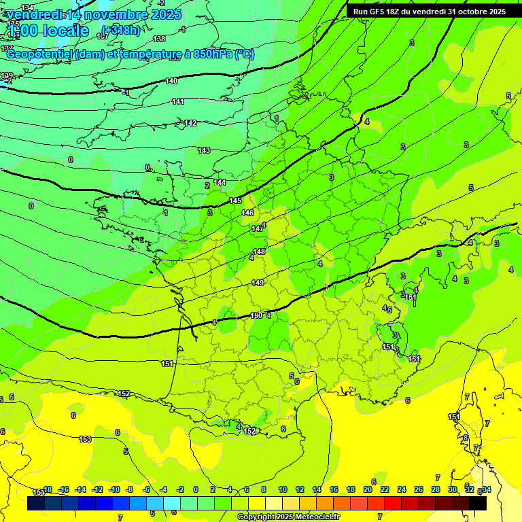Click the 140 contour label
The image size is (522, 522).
tap(171, 81)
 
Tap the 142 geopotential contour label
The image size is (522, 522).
tap(190, 123)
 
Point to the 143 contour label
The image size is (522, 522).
tap(204, 150)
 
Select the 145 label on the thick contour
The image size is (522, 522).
tap(235, 201)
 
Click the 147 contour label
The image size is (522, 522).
tap(258, 228)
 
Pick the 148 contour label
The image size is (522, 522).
tap(259, 251)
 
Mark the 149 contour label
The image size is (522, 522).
tap(258, 283)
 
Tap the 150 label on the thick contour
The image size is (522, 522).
tap(256, 315)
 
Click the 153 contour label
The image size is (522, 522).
tap(85, 439)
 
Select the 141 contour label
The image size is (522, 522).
tap(178, 101)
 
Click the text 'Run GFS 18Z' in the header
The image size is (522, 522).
tap(377, 12)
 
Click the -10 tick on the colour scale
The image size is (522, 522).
tap(114, 489)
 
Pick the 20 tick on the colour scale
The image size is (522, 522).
tap(367, 489)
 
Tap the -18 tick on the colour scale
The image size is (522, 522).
tap(47, 489)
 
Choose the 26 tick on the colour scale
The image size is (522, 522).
tap(418, 489)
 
